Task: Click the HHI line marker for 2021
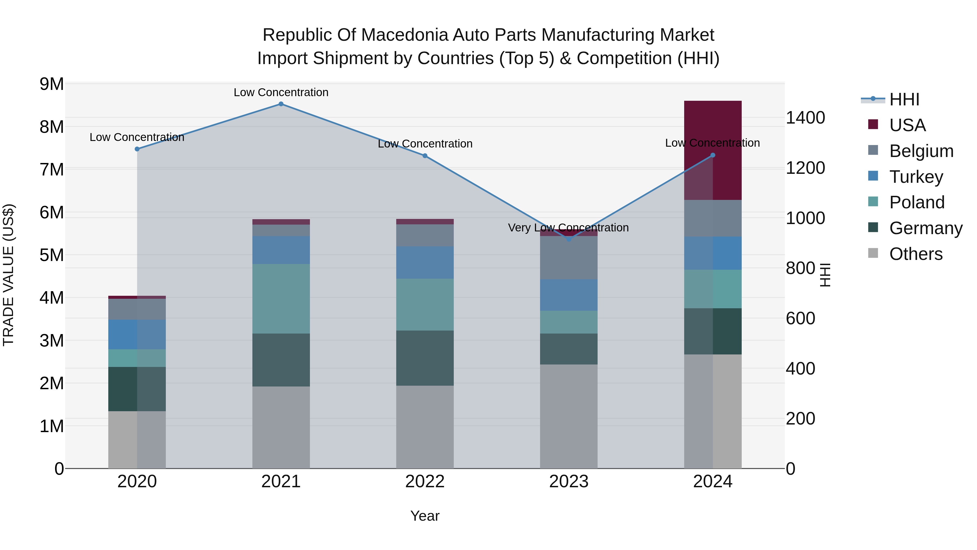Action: point(281,104)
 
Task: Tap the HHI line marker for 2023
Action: point(569,239)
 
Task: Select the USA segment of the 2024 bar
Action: point(713,150)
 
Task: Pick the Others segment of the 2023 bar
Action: point(569,416)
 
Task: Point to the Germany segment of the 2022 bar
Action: point(425,358)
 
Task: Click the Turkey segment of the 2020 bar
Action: point(137,334)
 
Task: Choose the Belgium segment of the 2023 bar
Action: point(569,258)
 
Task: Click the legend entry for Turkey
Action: point(916,177)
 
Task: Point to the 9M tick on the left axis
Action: point(52,84)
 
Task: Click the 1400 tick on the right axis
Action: point(805,118)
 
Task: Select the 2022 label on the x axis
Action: point(425,482)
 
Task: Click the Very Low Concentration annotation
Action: point(568,228)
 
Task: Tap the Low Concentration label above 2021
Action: point(281,92)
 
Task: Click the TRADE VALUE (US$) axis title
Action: point(8,275)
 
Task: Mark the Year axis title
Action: point(425,516)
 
